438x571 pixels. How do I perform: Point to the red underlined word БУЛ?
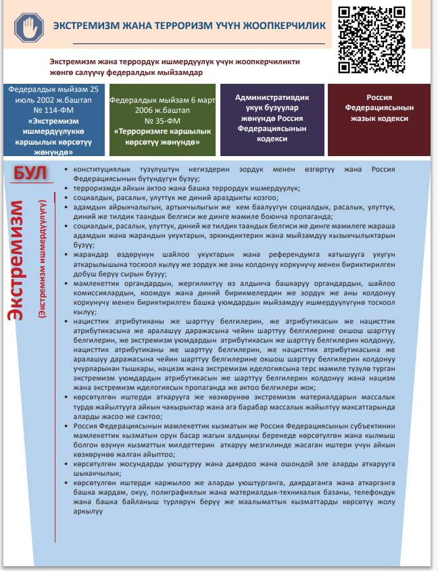(x=30, y=174)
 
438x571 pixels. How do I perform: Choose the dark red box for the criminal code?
(x=379, y=119)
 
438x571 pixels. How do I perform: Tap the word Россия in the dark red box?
(x=379, y=98)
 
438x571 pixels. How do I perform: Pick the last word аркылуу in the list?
(x=88, y=512)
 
